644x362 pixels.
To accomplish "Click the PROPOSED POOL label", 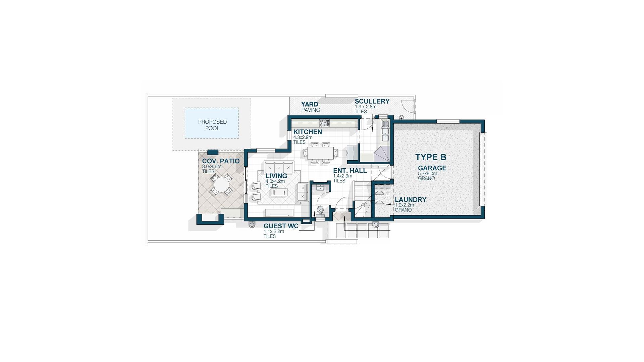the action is pos(212,125).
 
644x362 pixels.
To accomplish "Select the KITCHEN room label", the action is pos(308,132).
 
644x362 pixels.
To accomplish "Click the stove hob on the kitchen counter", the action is pos(324,123).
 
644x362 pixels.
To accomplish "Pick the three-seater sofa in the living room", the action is pos(279,167).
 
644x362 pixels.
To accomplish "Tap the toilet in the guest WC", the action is pos(320,210).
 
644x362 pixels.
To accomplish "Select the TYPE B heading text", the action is pos(431,157).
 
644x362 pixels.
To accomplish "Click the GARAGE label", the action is pos(432,168).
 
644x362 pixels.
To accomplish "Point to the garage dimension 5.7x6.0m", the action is pos(428,174).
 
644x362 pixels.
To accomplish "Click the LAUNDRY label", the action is pos(411,199).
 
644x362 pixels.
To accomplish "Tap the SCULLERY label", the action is pos(372,101).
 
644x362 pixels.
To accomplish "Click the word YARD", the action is pos(309,104).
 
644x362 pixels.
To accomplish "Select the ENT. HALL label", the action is pos(350,171).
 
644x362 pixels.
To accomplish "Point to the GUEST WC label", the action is pos(281,226).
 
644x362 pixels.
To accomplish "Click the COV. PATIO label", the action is pos(221,161).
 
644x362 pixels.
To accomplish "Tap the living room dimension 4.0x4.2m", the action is pos(275,181).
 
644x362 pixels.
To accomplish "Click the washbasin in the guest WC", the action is pos(319,187).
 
